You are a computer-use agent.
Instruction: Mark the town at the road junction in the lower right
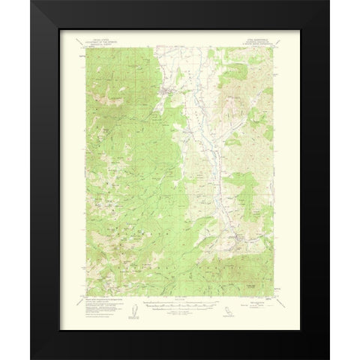[x=238, y=240]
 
